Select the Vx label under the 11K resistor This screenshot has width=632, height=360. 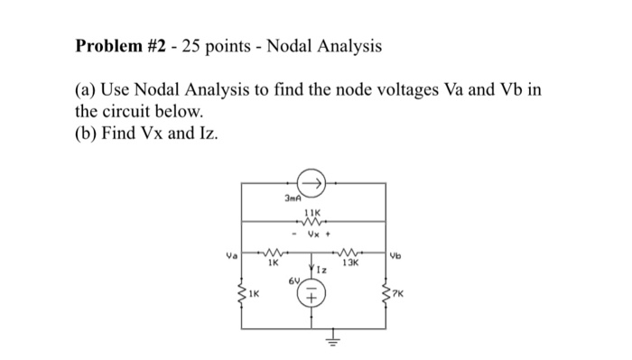pyautogui.click(x=316, y=236)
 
